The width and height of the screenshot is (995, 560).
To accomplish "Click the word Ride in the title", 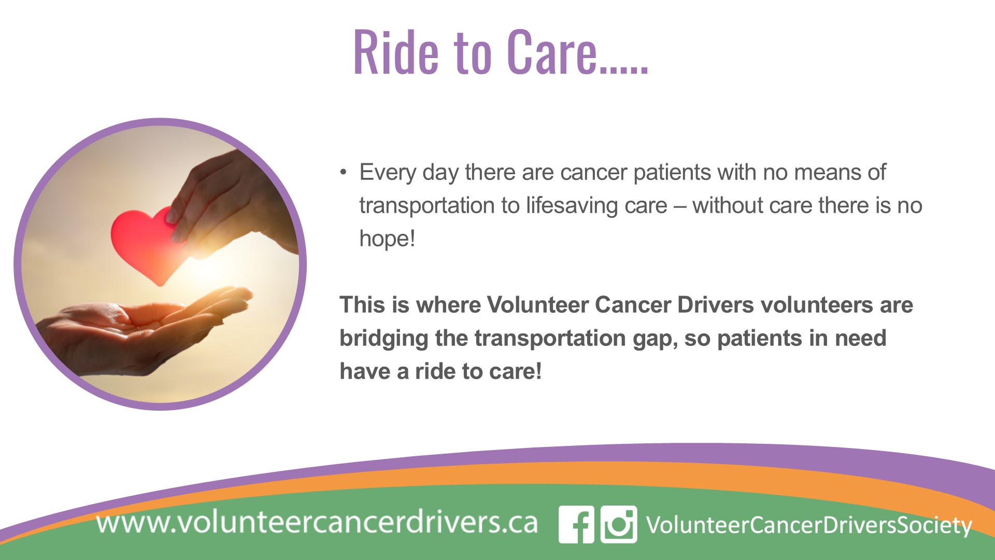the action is tap(396, 52).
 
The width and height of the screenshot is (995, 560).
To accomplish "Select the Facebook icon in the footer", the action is tap(576, 524).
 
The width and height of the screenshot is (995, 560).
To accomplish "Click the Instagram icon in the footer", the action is tap(619, 524).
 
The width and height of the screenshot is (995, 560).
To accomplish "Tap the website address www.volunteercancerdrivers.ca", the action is tap(317, 522).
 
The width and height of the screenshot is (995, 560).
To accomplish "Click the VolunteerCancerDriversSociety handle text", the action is tap(808, 525).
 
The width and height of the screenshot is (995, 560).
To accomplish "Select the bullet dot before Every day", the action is tap(343, 172).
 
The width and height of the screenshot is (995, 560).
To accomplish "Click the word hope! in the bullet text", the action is tap(387, 239).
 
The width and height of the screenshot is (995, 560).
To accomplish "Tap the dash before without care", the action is tap(679, 206).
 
